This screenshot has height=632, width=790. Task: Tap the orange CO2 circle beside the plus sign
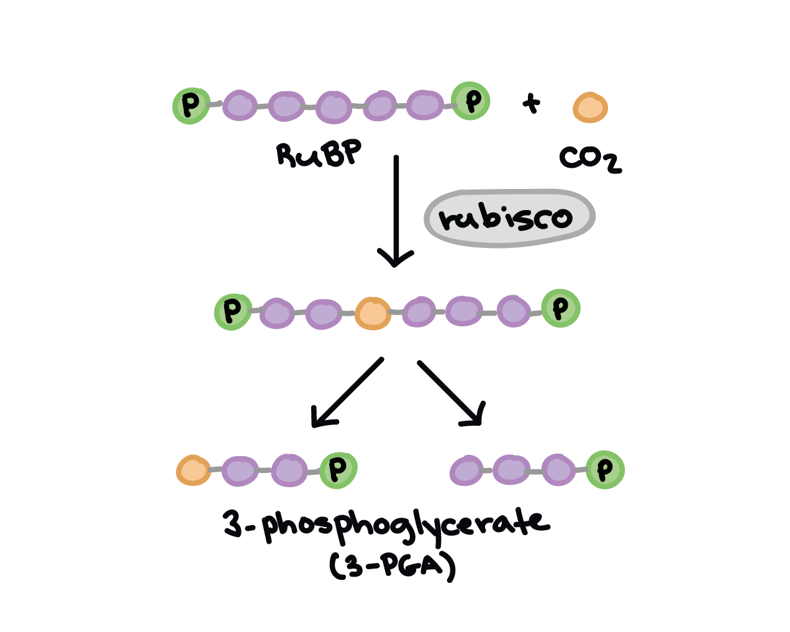pyautogui.click(x=590, y=108)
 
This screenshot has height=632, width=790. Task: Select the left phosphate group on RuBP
pyautogui.click(x=191, y=106)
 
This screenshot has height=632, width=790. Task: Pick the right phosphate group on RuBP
pyautogui.click(x=471, y=101)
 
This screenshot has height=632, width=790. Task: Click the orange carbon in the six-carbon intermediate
pyautogui.click(x=373, y=313)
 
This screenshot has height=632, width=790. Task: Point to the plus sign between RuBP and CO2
pyautogui.click(x=530, y=104)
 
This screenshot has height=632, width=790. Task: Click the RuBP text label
pyautogui.click(x=319, y=154)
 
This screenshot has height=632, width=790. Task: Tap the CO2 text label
pyautogui.click(x=589, y=159)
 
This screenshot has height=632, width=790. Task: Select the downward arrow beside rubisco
pyautogui.click(x=396, y=211)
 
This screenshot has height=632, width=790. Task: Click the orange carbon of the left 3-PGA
pyautogui.click(x=193, y=470)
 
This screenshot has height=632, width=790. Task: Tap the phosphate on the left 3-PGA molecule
pyautogui.click(x=338, y=470)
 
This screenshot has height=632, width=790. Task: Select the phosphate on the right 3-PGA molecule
pyautogui.click(x=605, y=470)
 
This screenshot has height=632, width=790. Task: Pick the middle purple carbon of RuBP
pyautogui.click(x=334, y=107)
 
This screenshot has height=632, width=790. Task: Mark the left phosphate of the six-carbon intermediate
pyautogui.click(x=232, y=311)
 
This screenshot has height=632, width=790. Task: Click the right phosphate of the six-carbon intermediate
pyautogui.click(x=560, y=308)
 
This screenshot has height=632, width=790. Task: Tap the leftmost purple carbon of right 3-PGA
pyautogui.click(x=466, y=470)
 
